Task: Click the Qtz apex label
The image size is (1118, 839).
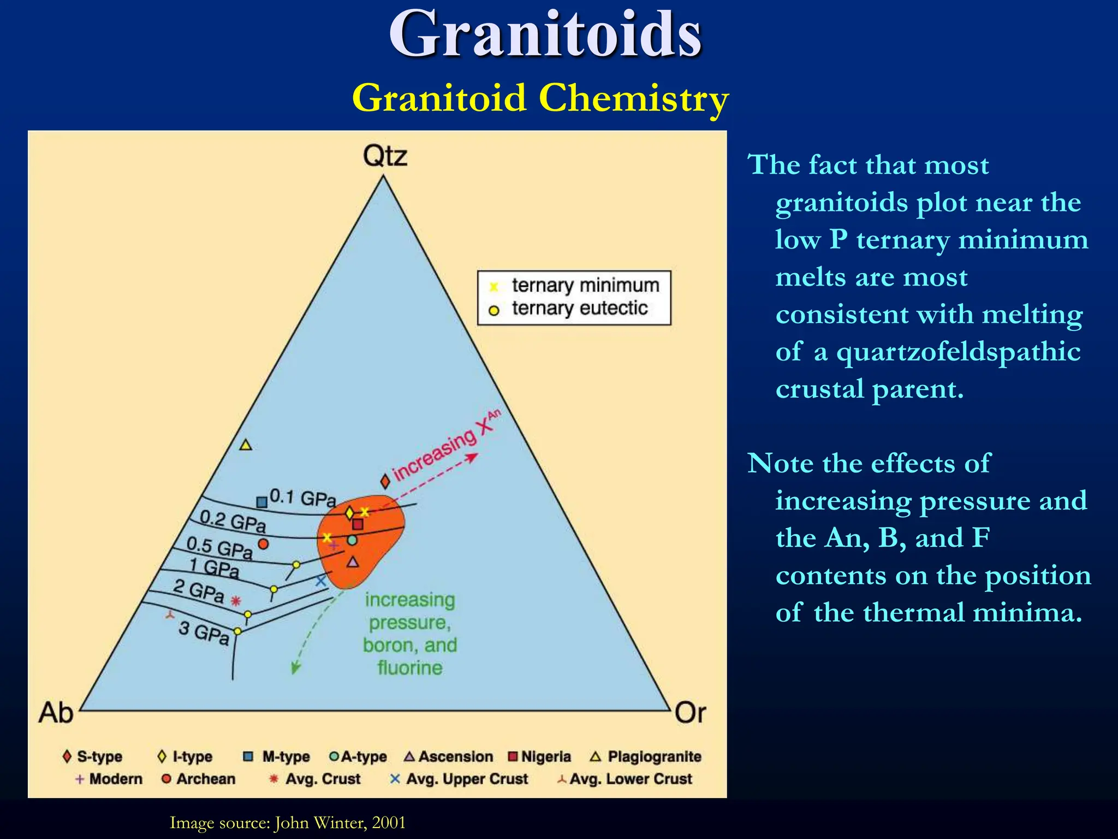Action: point(385,156)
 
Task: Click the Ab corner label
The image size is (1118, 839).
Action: point(55,713)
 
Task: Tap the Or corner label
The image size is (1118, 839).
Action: point(690,713)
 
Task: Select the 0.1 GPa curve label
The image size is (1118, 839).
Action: point(303,498)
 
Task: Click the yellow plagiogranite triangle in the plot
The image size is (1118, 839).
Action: point(246,445)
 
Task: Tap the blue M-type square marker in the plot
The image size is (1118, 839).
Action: point(262,501)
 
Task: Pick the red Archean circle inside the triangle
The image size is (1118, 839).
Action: point(263,544)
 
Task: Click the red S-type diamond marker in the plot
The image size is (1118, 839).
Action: point(385,481)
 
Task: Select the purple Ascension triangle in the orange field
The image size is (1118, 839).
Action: point(353,562)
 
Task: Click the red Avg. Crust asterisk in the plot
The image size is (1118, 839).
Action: point(235,601)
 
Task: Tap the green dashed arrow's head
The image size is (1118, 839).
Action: point(295,667)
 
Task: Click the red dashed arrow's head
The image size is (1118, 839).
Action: point(473,457)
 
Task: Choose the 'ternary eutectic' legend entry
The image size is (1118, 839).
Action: point(579,309)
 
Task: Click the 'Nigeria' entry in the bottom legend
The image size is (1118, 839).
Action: point(540,757)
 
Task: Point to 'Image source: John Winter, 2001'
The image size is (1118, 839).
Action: point(288,822)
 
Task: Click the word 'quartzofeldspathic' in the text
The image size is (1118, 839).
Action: point(958,351)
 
